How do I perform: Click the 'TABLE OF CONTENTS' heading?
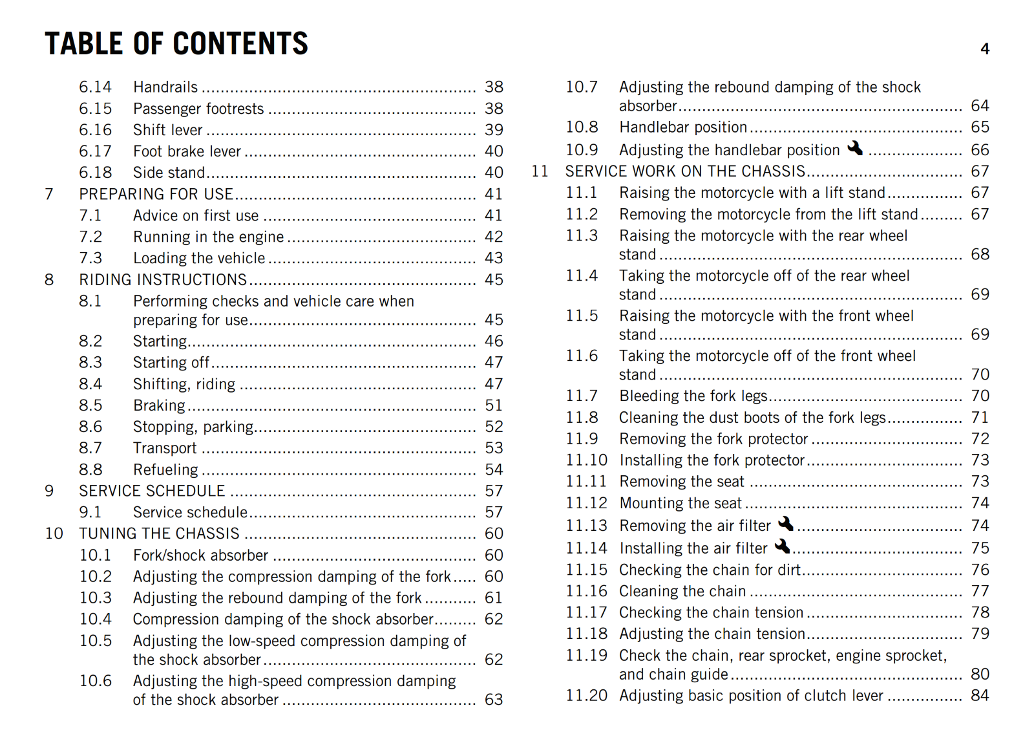coord(176,44)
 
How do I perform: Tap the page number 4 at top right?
coord(985,49)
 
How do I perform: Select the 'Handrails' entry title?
coord(165,87)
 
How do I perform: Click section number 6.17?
coord(95,151)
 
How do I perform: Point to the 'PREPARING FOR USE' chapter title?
coord(156,194)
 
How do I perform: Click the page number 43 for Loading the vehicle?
coord(494,258)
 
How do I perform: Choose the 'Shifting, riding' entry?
coord(184,384)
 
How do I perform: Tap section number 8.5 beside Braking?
coord(90,405)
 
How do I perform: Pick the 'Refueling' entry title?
coord(165,469)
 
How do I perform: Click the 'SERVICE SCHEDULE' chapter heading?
coord(152,491)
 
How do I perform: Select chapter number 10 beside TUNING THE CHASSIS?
coord(54,533)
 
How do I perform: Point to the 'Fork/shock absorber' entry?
coord(200,555)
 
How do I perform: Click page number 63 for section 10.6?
coord(494,700)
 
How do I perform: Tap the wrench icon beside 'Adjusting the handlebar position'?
coord(855,148)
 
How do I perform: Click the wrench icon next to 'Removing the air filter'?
coord(786,523)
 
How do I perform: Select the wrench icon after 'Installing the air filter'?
coord(782,546)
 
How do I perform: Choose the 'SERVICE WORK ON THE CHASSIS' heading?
coord(685,171)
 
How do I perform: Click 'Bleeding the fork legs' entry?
coord(693,396)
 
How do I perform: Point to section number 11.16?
coord(586,591)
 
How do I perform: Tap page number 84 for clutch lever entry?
coord(980,696)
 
